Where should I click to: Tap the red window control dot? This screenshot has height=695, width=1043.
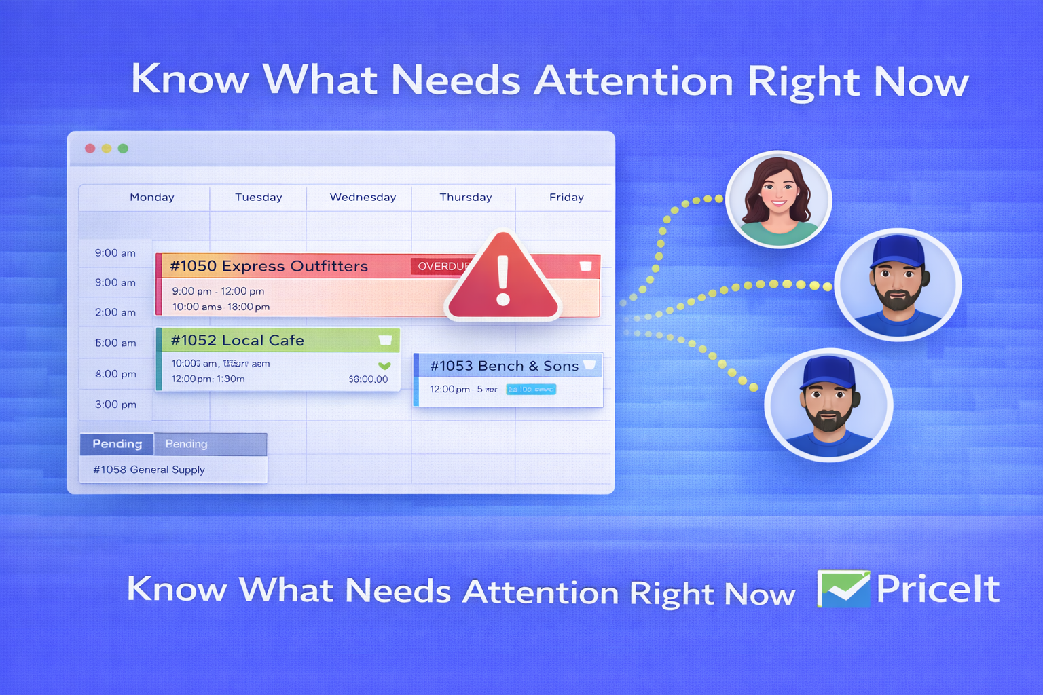(x=90, y=148)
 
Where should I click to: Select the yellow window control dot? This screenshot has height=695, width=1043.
(x=107, y=148)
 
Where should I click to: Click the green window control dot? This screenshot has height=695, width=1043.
(x=123, y=148)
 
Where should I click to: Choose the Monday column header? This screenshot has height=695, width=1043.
(x=152, y=198)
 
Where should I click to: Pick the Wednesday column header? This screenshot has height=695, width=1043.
(x=363, y=198)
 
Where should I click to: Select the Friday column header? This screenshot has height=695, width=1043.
(x=566, y=198)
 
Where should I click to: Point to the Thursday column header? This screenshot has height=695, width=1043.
(x=466, y=198)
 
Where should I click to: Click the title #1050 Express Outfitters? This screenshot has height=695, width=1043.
(x=269, y=266)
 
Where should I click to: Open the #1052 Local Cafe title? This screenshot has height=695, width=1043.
(x=238, y=341)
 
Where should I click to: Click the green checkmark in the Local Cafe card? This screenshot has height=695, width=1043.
(x=384, y=366)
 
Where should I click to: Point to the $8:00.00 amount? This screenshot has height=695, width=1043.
(x=368, y=379)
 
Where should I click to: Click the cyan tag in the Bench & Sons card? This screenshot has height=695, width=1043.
(x=531, y=390)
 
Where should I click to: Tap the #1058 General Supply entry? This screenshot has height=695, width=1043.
(x=149, y=470)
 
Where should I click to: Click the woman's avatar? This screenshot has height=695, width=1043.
(x=778, y=200)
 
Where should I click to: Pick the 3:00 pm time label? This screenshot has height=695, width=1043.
(x=115, y=405)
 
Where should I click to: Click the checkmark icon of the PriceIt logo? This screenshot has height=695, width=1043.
(x=843, y=588)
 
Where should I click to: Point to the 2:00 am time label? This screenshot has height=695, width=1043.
(x=115, y=313)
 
